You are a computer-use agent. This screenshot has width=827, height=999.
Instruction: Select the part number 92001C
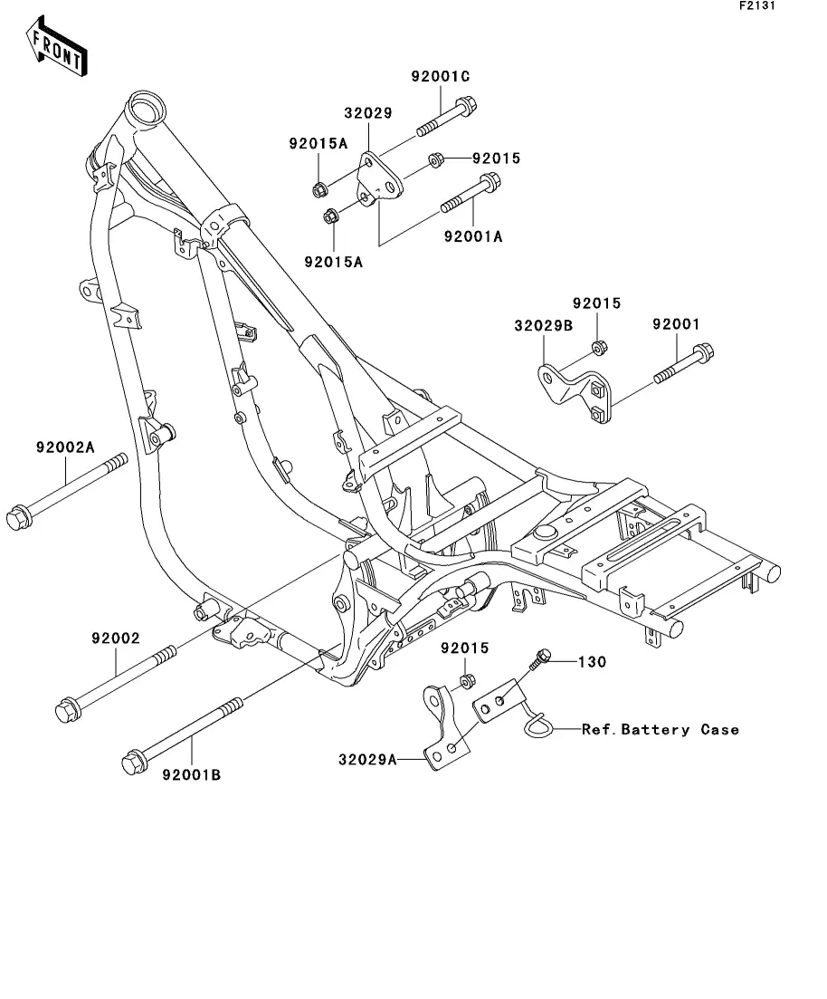(x=441, y=77)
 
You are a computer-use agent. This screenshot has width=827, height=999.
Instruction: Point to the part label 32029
(x=367, y=114)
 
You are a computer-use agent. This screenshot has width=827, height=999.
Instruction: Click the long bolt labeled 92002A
(x=66, y=489)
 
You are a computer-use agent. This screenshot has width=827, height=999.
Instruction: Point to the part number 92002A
(x=66, y=447)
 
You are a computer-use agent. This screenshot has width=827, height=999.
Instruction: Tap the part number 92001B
(x=192, y=775)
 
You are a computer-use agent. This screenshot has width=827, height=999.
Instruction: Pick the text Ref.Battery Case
(x=661, y=729)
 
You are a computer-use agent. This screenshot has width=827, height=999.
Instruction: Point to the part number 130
(x=593, y=662)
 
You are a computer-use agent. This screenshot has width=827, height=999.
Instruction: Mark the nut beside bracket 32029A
(x=467, y=682)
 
